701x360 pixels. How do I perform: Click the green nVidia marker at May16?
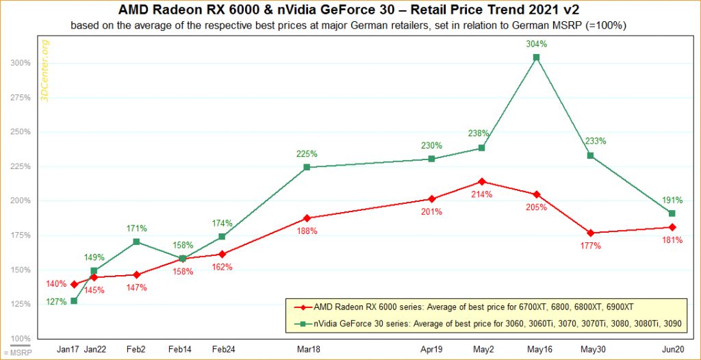[536, 57]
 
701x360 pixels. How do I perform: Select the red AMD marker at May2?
[482, 181]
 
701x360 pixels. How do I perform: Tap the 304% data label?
[536, 44]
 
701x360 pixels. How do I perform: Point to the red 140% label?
[56, 284]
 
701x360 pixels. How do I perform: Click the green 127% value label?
[56, 301]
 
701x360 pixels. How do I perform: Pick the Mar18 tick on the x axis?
[307, 349]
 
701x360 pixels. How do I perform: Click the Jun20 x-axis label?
[672, 349]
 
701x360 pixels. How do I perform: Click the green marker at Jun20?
[672, 213]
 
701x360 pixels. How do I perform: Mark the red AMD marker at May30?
[590, 233]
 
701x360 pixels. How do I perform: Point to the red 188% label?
[307, 231]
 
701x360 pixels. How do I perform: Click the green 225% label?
[307, 154]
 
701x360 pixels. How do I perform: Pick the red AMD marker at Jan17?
[74, 284]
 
